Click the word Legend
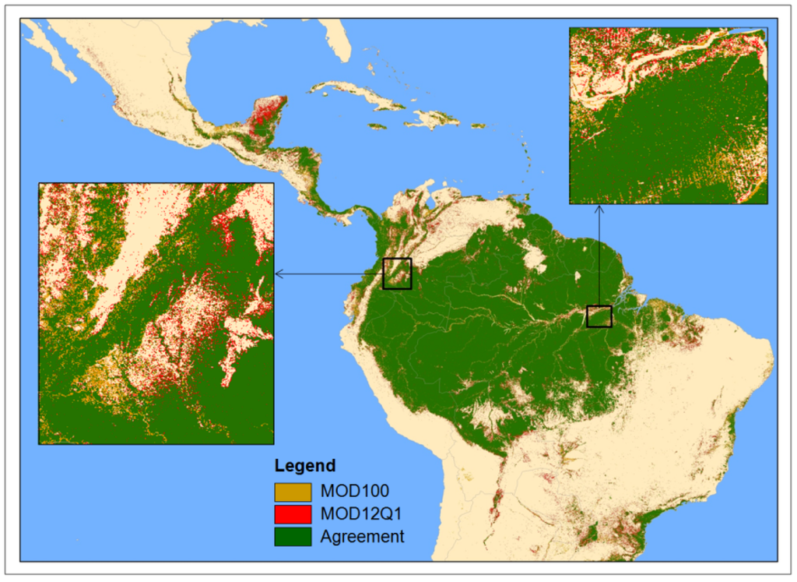(x=304, y=466)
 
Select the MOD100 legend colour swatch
(x=292, y=492)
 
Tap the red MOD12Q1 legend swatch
(x=292, y=514)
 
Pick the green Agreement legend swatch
(x=292, y=536)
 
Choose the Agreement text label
(x=362, y=536)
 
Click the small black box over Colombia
(x=397, y=273)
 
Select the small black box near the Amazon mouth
(x=599, y=316)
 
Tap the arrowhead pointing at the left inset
(x=279, y=273)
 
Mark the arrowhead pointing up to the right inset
(x=599, y=209)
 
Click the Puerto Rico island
(x=476, y=125)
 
